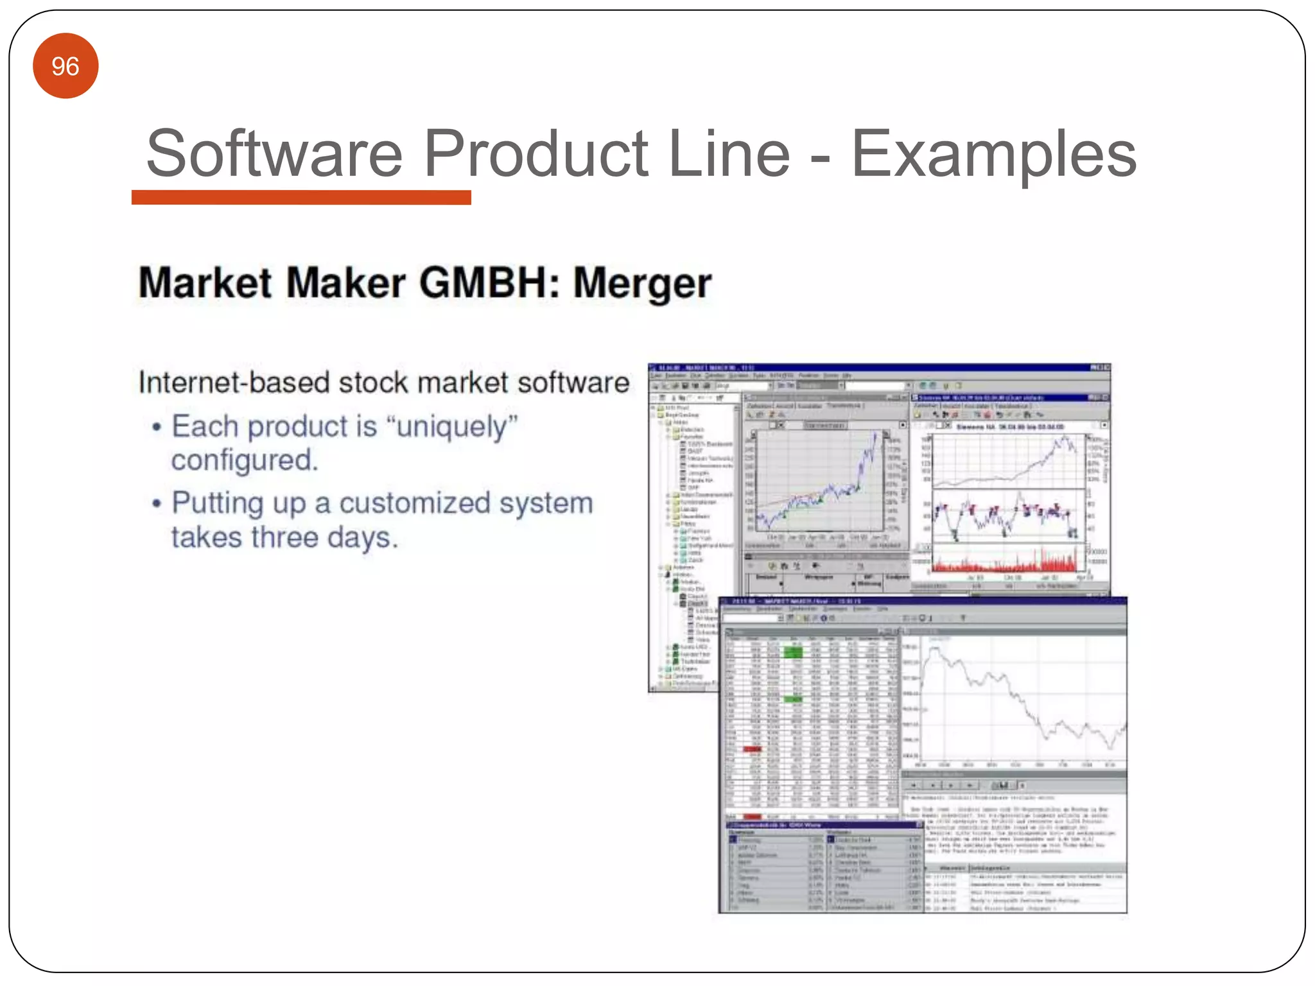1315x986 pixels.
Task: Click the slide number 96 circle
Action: pyautogui.click(x=65, y=66)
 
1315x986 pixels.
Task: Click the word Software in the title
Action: pyautogui.click(x=274, y=154)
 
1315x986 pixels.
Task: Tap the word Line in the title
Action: pyautogui.click(x=729, y=154)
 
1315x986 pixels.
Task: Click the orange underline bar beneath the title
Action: pyautogui.click(x=301, y=197)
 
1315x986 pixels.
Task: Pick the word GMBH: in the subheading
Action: pyautogui.click(x=490, y=283)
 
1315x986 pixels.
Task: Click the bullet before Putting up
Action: pyautogui.click(x=156, y=504)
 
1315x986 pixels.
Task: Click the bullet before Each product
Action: pyautogui.click(x=156, y=428)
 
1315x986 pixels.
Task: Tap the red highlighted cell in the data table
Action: pyautogui.click(x=752, y=749)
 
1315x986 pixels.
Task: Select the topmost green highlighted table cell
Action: pyautogui.click(x=793, y=652)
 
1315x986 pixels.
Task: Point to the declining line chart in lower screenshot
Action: pyautogui.click(x=1021, y=700)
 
